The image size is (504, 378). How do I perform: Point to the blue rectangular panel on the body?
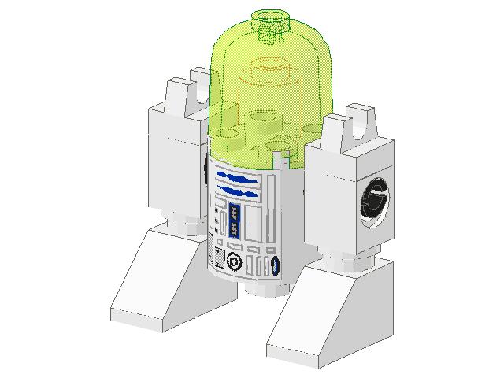coord(234,219)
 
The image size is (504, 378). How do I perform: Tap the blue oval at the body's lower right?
coord(276,266)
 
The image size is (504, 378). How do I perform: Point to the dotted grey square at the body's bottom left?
coord(217,258)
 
